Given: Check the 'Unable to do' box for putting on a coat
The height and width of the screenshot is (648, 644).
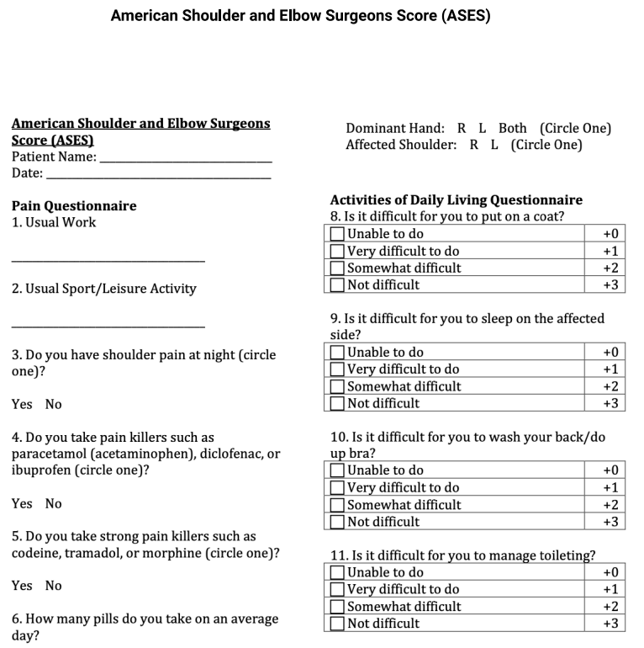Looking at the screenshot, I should (x=338, y=234).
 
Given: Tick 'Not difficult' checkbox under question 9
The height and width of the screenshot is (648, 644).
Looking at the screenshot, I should (x=338, y=403).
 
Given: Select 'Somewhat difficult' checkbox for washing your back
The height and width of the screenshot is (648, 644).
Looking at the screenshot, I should (x=338, y=505).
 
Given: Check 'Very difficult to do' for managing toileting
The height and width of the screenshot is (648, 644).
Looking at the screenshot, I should (x=338, y=589).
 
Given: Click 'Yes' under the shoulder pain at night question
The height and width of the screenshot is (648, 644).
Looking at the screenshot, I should (x=22, y=404).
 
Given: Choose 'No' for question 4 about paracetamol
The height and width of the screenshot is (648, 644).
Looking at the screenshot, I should (x=54, y=503).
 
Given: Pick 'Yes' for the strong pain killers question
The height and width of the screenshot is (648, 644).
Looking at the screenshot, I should (x=22, y=585).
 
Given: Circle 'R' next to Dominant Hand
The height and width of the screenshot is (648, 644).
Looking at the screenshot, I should (x=462, y=129).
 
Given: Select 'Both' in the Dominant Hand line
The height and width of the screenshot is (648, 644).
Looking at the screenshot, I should (x=512, y=129).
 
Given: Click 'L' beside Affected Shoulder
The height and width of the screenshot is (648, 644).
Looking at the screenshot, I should (x=494, y=145).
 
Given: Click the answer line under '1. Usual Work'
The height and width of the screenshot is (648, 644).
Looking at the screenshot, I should (x=108, y=260).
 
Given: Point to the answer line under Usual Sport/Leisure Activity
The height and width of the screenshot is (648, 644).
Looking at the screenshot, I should (x=108, y=326).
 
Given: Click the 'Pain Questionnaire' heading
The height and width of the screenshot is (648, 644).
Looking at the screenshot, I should (x=74, y=205).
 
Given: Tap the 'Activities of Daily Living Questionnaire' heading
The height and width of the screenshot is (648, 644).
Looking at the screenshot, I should (x=456, y=200).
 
